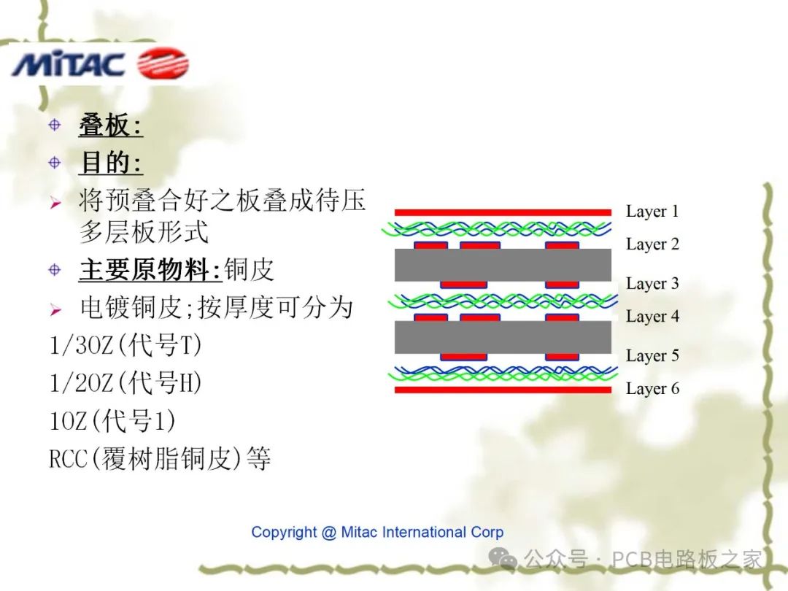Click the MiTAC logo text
pos(68,65)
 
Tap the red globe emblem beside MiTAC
pos(163,63)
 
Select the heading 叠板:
pos(110,126)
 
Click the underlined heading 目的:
pos(110,163)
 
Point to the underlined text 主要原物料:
pos(150,270)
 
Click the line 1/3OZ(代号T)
pos(125,344)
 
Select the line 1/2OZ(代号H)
pos(125,382)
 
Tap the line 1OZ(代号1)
pos(112,421)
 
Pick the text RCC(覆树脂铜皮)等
pos(160,459)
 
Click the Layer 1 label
pos(652,212)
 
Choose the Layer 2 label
pos(652,244)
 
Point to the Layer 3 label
pos(652,284)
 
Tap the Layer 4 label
pos(652,317)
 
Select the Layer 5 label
pos(652,356)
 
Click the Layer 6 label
pos(652,389)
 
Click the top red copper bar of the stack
pos(503,212)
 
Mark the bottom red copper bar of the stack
pos(503,390)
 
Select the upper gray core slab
pos(503,265)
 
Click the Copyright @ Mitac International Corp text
pos(377,532)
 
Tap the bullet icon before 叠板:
pos(55,125)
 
